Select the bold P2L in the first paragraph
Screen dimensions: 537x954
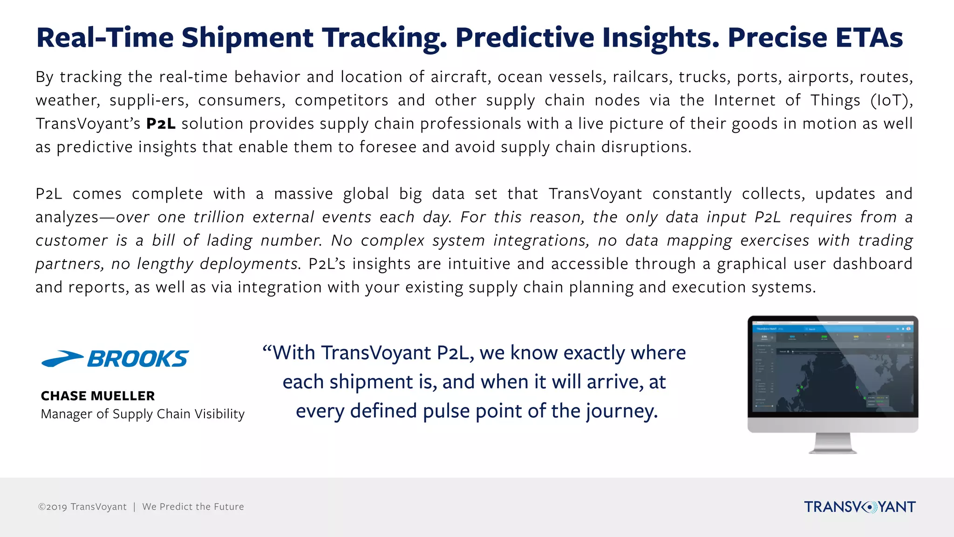pyautogui.click(x=161, y=124)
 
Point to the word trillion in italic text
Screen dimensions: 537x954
pyautogui.click(x=218, y=217)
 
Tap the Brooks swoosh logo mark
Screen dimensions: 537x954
pyautogui.click(x=62, y=359)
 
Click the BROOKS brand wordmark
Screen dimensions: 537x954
pyautogui.click(x=138, y=359)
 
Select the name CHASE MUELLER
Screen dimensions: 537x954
pyautogui.click(x=98, y=396)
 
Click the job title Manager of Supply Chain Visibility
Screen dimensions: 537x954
pyautogui.click(x=143, y=414)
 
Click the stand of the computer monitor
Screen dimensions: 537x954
pyautogui.click(x=832, y=443)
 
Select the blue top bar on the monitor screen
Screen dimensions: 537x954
pyautogui.click(x=832, y=329)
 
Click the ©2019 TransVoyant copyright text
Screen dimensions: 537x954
pyautogui.click(x=82, y=507)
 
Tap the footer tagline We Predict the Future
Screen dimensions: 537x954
pyautogui.click(x=193, y=507)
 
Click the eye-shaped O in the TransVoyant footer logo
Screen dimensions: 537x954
pyautogui.click(x=869, y=507)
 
